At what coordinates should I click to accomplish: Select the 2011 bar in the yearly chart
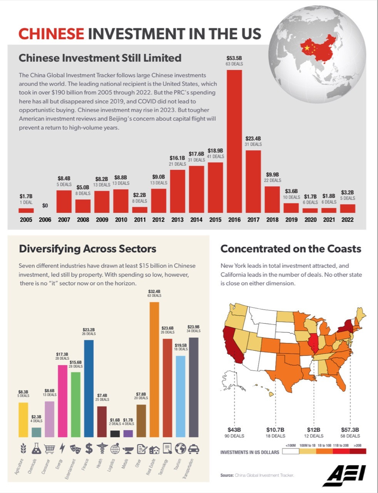tap(140, 210)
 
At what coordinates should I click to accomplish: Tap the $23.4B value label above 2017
tap(253, 138)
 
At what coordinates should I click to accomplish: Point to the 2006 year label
tap(45, 220)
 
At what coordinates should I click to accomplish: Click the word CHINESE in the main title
tap(51, 34)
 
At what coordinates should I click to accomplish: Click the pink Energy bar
tap(62, 401)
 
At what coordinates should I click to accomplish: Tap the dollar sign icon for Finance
tap(89, 449)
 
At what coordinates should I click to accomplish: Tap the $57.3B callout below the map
tap(350, 430)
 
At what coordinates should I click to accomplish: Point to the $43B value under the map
tap(234, 430)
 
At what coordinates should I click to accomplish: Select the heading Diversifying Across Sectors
tap(87, 249)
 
